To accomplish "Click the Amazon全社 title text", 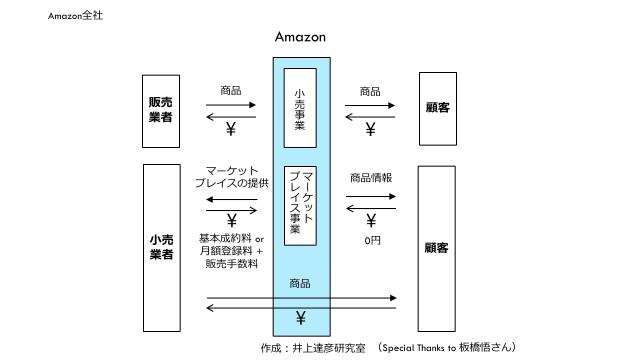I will tap(75, 16).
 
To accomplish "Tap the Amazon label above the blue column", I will tap(300, 37).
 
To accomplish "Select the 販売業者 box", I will tap(160, 110).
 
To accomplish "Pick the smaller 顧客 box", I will tap(437, 108).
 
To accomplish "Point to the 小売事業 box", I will tap(300, 109).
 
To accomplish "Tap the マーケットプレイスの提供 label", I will tap(231, 178).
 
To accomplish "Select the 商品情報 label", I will tap(371, 177).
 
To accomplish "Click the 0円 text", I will tap(372, 240).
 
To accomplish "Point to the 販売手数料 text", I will tap(232, 265).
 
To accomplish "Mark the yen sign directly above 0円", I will tap(371, 221).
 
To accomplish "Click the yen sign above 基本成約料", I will tap(232, 220).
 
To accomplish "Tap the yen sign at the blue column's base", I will tap(300, 319).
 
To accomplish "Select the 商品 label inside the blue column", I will tap(300, 284).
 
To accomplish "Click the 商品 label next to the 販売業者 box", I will tap(231, 91).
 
